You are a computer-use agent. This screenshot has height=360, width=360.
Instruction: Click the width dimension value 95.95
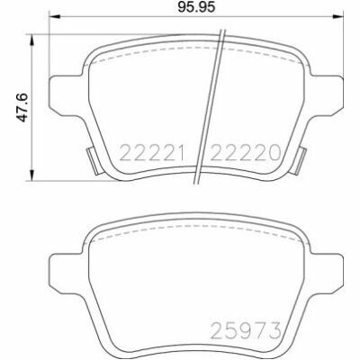(196, 7)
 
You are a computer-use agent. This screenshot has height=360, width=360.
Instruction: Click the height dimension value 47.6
(22, 107)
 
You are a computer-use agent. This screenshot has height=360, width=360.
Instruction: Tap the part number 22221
(151, 153)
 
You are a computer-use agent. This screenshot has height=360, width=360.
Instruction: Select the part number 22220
(246, 153)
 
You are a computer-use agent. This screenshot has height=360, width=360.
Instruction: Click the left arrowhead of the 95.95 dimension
(54, 17)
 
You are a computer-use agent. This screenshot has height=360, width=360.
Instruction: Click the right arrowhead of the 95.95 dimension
(337, 17)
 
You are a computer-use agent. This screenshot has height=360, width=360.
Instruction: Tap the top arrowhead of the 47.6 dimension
(31, 40)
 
